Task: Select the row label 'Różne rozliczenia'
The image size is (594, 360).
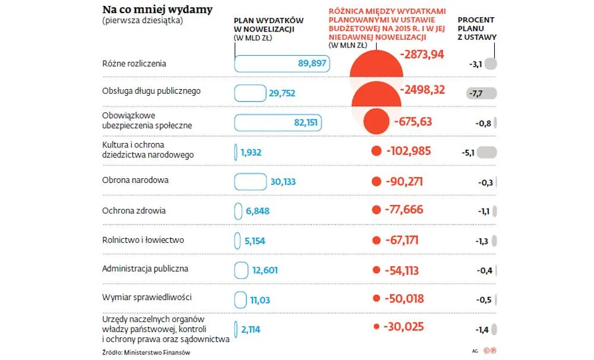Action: pyautogui.click(x=134, y=64)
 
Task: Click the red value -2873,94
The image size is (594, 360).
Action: pyautogui.click(x=422, y=55)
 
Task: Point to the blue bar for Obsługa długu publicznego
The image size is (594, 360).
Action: pyautogui.click(x=250, y=93)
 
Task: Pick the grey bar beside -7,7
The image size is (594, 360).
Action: pyautogui.click(x=482, y=93)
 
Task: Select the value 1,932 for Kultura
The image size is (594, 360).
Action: pyautogui.click(x=251, y=152)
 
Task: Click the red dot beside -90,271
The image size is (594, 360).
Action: pyautogui.click(x=375, y=181)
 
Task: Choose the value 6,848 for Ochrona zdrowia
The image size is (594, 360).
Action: pyautogui.click(x=258, y=211)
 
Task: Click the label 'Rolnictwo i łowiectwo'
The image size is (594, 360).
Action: pyautogui.click(x=143, y=240)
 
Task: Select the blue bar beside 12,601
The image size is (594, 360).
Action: pyautogui.click(x=241, y=270)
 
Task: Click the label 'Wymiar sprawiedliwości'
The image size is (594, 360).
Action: pyautogui.click(x=146, y=297)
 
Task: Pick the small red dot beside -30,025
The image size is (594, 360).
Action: pyautogui.click(x=375, y=327)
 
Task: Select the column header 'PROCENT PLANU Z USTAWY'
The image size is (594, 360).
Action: pyautogui.click(x=476, y=28)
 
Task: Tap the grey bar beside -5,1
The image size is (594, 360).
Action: pyautogui.click(x=486, y=152)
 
